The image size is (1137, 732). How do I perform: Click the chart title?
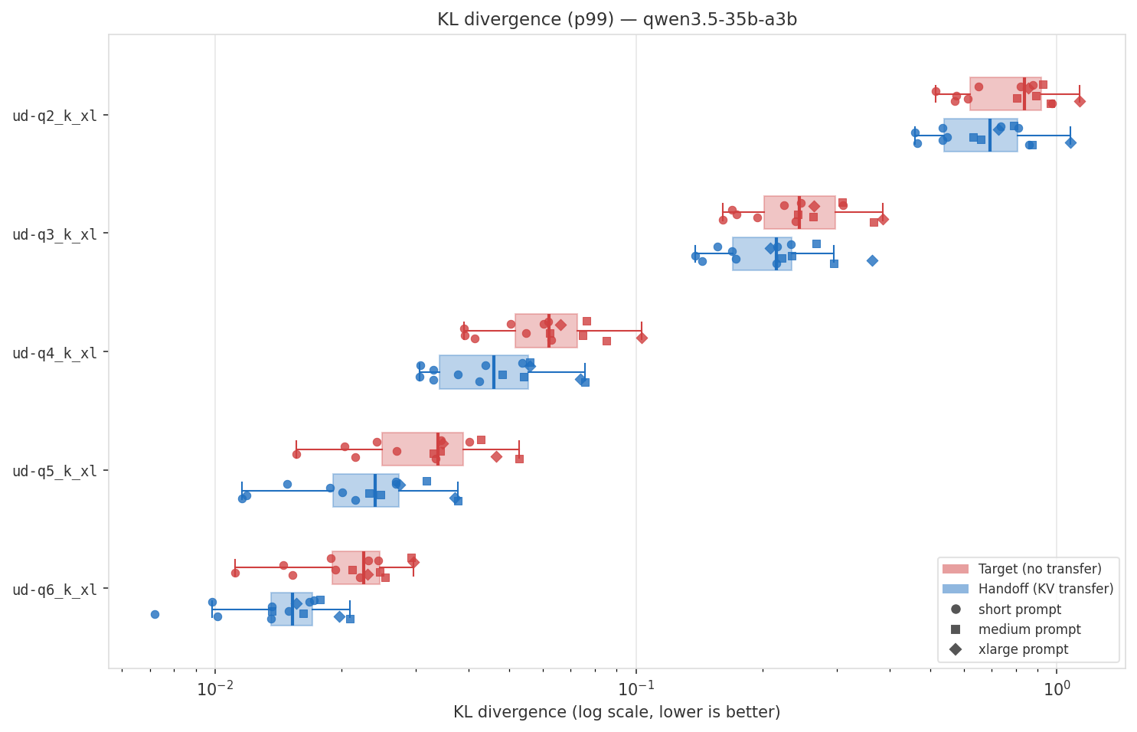coord(616,20)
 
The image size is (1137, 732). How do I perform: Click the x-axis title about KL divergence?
coord(616,712)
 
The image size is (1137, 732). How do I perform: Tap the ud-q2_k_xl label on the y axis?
coord(55,116)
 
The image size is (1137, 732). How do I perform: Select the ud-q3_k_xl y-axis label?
coord(55,234)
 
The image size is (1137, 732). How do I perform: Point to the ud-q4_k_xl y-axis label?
coord(55,353)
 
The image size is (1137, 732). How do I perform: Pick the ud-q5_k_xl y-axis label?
coord(55,471)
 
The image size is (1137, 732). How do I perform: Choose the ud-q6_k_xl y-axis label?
coord(55,590)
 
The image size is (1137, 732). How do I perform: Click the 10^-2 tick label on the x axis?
coord(215,688)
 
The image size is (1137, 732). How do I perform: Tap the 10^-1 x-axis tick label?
coord(635,688)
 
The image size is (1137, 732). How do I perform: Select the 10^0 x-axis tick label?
coord(1057,688)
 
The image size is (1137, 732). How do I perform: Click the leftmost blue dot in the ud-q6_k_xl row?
coord(155,614)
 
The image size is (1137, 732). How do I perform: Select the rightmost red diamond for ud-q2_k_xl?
coord(1080,101)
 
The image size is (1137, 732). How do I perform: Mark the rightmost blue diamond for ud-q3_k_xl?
coord(872,260)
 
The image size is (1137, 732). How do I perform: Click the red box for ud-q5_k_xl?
coord(423,449)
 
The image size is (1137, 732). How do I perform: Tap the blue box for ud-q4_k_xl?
coord(484,372)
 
